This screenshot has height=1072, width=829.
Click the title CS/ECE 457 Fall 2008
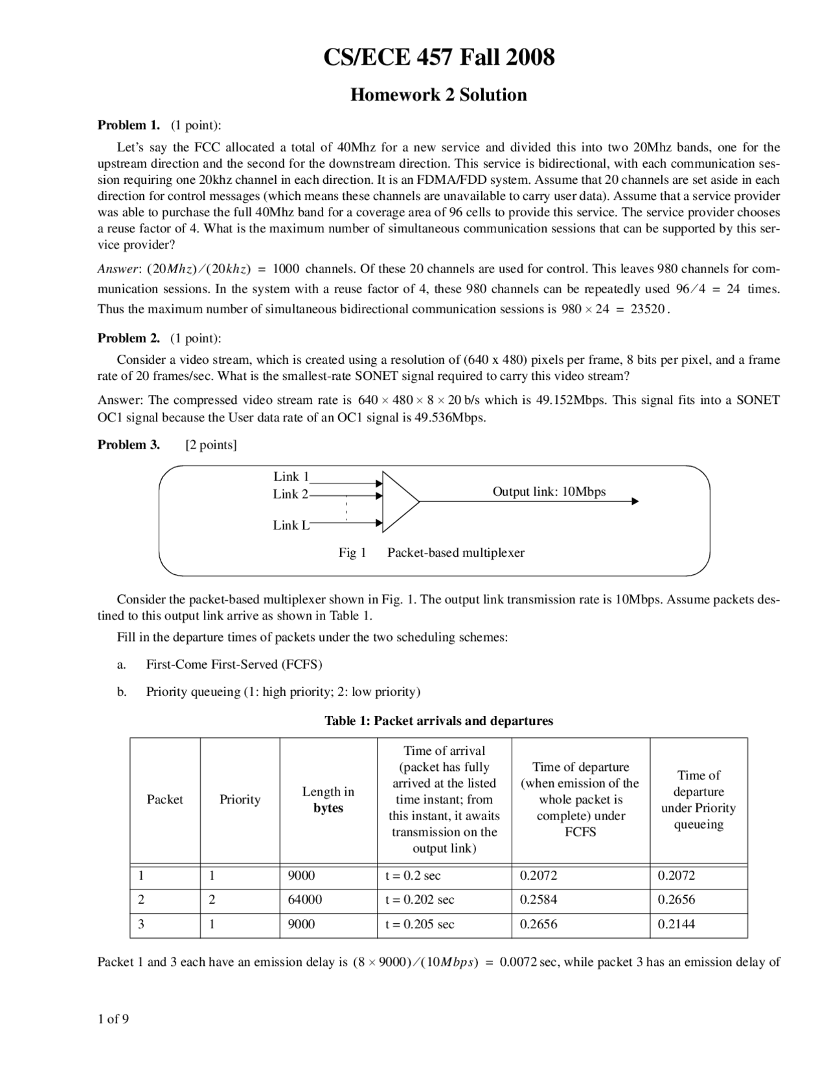tap(438, 58)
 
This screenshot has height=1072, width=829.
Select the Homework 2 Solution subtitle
tap(438, 95)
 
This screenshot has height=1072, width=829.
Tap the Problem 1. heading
tap(128, 125)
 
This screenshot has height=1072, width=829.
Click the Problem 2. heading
tap(128, 338)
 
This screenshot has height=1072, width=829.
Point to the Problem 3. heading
tap(128, 445)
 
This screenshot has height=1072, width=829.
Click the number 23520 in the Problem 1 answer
tap(647, 309)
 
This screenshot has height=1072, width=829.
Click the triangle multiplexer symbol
tap(398, 502)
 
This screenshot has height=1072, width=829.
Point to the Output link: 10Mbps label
tap(549, 492)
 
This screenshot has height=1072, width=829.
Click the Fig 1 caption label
tap(352, 553)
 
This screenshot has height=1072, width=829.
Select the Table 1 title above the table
tap(438, 721)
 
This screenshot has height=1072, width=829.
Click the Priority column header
tap(240, 800)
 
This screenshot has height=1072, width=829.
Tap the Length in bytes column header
tap(328, 800)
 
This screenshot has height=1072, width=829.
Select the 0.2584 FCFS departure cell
tap(538, 900)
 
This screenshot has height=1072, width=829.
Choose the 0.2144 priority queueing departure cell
tap(676, 924)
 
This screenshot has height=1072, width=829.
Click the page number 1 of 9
tap(113, 1020)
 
